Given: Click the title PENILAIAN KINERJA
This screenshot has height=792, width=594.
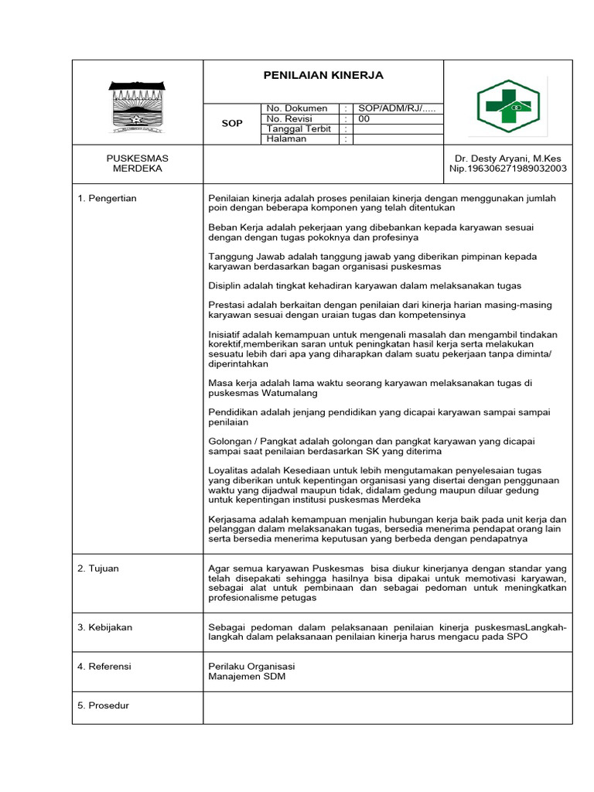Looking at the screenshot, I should click(323, 76).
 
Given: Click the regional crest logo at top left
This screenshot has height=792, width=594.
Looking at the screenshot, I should click(137, 104).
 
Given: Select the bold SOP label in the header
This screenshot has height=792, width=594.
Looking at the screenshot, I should click(232, 124).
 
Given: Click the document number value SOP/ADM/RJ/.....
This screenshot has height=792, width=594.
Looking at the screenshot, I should click(395, 108).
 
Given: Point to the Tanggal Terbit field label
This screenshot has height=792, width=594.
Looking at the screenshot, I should click(299, 129).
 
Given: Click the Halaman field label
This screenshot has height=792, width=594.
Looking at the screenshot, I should click(287, 139).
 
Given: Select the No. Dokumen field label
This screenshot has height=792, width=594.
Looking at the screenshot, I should click(297, 108).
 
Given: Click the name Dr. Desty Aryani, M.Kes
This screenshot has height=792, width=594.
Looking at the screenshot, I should click(508, 158).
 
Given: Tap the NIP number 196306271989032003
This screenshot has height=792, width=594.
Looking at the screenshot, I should click(508, 169).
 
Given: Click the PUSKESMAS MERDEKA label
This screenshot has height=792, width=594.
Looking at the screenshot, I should click(137, 163).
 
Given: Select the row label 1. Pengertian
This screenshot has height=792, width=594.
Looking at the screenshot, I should click(108, 199).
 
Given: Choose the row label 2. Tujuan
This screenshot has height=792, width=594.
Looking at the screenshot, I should click(98, 568).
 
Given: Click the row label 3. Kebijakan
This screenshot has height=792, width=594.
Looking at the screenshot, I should click(105, 627).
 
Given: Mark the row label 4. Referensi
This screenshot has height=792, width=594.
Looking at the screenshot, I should click(104, 666).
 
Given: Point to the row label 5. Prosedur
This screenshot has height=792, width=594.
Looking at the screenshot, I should click(104, 705).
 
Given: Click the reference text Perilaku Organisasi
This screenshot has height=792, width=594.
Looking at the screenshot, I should click(251, 666).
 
